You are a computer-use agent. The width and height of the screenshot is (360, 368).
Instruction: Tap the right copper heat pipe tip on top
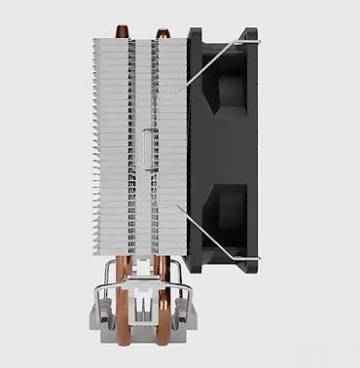[161, 32]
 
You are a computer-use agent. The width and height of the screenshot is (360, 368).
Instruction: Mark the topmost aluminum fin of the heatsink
[136, 42]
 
